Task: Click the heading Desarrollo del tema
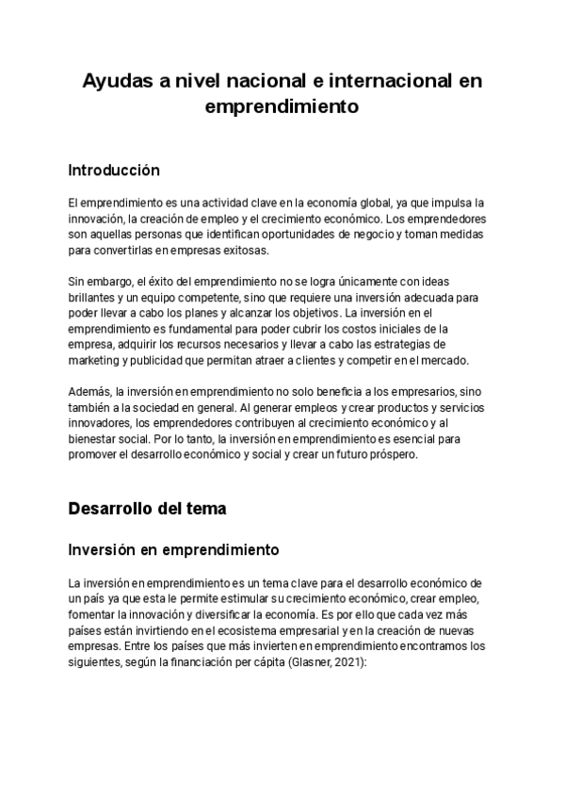[x=147, y=509]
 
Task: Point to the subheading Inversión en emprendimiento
[x=172, y=547]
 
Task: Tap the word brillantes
[x=93, y=298]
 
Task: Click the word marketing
[x=95, y=362]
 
